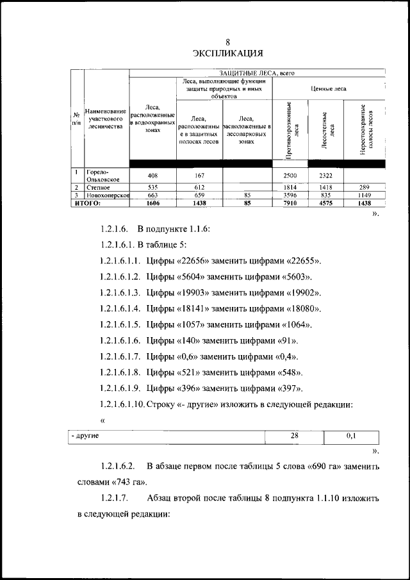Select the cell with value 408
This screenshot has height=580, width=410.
pos(152,175)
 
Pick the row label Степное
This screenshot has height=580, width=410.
pos(95,187)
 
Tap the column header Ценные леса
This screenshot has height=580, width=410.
pos(328,88)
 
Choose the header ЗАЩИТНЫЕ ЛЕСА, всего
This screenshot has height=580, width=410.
pos(256,74)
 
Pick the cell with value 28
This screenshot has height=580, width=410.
pos(295,436)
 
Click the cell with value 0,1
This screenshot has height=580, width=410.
pos(352,436)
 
